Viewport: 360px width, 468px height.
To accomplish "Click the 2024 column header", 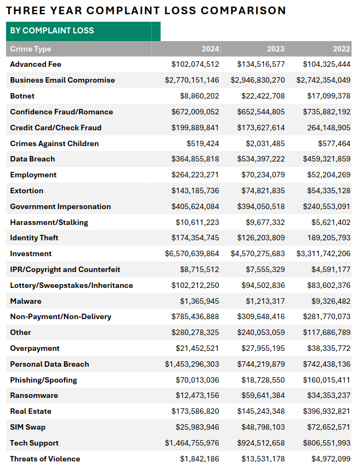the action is pyautogui.click(x=210, y=49).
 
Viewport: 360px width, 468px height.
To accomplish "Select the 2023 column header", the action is pyautogui.click(x=276, y=49).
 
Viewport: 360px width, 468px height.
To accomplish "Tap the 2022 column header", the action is pyautogui.click(x=341, y=49).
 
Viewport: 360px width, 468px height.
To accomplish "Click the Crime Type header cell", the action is pyautogui.click(x=31, y=49).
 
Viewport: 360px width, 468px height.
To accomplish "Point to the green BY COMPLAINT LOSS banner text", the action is pyautogui.click(x=52, y=31).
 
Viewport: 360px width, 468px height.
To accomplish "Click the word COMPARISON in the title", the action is pyautogui.click(x=243, y=10).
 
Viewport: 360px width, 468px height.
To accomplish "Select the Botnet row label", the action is pyautogui.click(x=22, y=96).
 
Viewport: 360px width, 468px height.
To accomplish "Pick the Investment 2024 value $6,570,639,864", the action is pyautogui.click(x=192, y=253).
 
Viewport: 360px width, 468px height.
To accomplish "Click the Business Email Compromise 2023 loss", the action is pyautogui.click(x=258, y=80).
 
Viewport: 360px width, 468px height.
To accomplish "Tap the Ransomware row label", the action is pyautogui.click(x=34, y=395).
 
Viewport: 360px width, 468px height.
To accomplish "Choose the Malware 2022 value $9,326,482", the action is pyautogui.click(x=331, y=301).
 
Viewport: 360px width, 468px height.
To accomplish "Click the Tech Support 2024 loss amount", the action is pyautogui.click(x=192, y=443).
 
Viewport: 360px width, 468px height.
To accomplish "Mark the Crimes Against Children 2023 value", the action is pyautogui.click(x=265, y=143).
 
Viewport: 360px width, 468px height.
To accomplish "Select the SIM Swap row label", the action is pyautogui.click(x=27, y=427).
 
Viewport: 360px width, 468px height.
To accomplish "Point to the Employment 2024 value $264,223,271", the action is pyautogui.click(x=195, y=175).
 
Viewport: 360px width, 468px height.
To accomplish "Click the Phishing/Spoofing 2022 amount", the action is pyautogui.click(x=327, y=380).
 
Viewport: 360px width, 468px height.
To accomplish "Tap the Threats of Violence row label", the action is pyautogui.click(x=45, y=459).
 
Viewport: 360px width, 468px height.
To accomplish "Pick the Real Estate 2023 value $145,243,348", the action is pyautogui.click(x=261, y=411).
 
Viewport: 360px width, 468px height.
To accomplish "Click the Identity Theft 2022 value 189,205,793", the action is pyautogui.click(x=329, y=238).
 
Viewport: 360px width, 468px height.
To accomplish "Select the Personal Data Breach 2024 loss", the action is pyautogui.click(x=192, y=364).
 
